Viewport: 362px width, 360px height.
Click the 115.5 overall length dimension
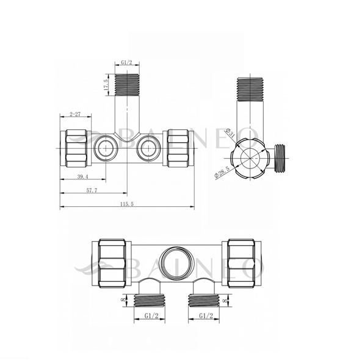tap(127, 204)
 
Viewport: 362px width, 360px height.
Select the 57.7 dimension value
tap(92, 190)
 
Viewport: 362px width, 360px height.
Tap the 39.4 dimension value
tap(82, 177)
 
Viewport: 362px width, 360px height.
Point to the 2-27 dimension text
tap(75, 114)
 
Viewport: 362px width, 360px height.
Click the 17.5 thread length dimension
tap(106, 84)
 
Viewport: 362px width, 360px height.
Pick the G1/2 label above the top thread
tap(127, 62)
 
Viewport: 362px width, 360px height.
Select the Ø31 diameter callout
tap(230, 132)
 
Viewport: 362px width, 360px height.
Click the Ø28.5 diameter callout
tap(222, 172)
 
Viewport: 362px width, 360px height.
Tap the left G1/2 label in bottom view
tap(151, 315)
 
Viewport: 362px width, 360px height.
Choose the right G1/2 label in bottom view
tap(206, 315)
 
